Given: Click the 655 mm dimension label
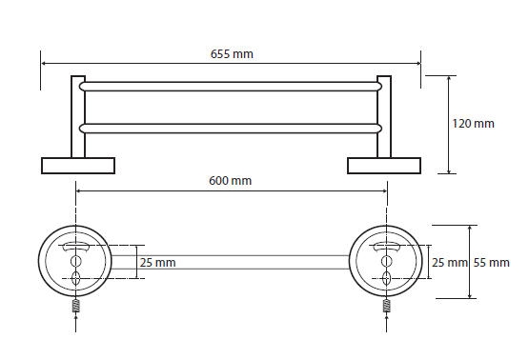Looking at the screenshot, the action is [x=232, y=54].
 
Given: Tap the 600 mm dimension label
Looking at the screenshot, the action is [x=230, y=181].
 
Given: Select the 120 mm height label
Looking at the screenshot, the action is [x=473, y=124].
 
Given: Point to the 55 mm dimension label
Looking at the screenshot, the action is [x=491, y=263].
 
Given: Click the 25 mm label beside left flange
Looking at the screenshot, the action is [x=158, y=263].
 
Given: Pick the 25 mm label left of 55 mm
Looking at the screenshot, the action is [x=450, y=263].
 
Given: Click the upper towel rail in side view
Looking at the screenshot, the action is [x=231, y=87].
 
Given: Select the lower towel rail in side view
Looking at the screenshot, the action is [x=231, y=129].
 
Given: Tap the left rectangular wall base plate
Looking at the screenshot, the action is [x=78, y=166].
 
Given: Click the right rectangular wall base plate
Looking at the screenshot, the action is [x=384, y=166].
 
